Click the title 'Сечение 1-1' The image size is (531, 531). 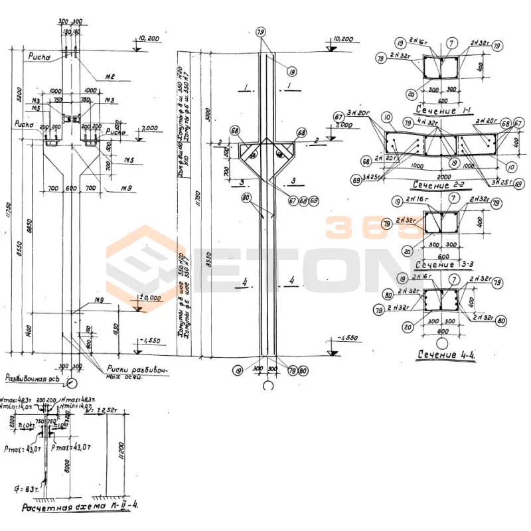444,110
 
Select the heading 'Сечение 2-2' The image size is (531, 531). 441,184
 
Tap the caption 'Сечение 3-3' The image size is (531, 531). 444,265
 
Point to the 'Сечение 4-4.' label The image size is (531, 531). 449,354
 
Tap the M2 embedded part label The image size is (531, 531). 110,78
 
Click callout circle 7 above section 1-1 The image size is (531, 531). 451,43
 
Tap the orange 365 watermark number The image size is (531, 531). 368,229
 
